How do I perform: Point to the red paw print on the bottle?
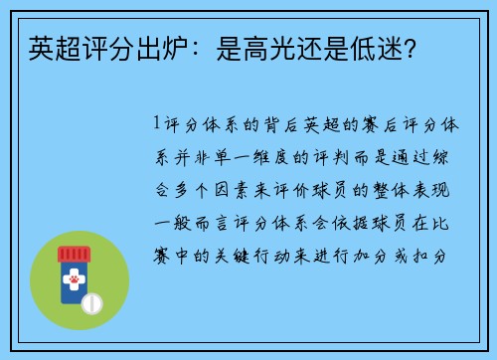click(x=74, y=282)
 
